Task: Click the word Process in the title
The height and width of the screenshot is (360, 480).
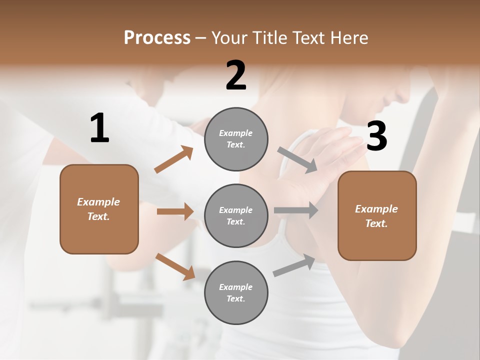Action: [157, 38]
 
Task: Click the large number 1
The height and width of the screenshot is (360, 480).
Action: [99, 128]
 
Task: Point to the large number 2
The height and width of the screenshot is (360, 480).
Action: [236, 75]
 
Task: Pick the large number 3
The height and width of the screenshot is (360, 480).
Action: [376, 136]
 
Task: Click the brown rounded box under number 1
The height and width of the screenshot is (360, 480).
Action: [99, 209]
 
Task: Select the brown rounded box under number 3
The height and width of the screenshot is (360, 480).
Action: [377, 215]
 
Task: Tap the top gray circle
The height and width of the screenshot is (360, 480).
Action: [236, 138]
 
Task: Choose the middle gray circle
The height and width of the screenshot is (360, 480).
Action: [236, 215]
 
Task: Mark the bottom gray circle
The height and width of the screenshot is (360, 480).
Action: [236, 292]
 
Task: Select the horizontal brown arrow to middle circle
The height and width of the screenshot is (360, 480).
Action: [175, 211]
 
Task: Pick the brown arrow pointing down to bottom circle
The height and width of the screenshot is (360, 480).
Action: [175, 266]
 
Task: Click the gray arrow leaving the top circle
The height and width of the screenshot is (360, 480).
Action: [298, 159]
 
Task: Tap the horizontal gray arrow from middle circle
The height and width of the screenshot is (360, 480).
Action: [296, 210]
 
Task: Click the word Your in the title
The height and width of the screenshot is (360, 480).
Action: [228, 38]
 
